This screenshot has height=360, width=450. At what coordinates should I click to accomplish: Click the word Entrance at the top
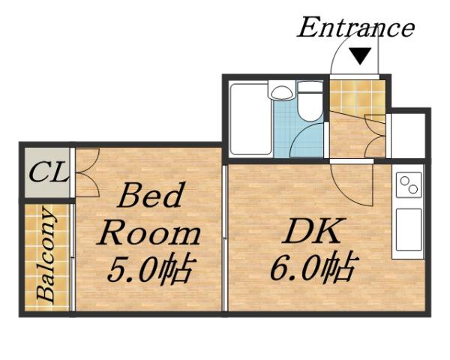[x=355, y=28]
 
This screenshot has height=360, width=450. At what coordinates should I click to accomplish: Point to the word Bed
[x=150, y=197]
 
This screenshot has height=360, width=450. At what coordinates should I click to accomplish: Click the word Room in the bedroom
[x=150, y=233]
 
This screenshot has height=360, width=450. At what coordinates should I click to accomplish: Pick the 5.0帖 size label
[x=150, y=268]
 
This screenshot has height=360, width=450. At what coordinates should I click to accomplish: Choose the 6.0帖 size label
[x=313, y=268]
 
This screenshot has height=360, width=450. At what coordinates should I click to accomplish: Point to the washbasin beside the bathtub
[x=282, y=93]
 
